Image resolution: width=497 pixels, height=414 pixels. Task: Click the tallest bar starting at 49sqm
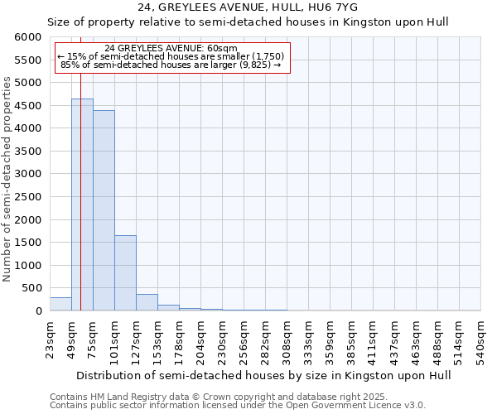(x=82, y=205)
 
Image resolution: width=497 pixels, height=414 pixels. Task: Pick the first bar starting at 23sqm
(x=60, y=304)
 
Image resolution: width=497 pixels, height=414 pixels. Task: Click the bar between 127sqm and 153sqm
(x=147, y=302)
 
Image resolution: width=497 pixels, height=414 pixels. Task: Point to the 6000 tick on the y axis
(x=27, y=37)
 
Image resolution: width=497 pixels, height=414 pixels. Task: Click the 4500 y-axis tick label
(x=27, y=106)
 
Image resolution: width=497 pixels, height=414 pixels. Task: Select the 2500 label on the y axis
(x=27, y=197)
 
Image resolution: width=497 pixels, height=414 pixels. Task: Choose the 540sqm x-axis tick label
(x=480, y=337)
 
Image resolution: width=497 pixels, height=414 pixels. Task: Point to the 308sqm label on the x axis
(x=287, y=337)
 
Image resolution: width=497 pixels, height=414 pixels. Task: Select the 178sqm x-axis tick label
(x=179, y=337)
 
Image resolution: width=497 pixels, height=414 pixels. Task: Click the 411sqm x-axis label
(x=373, y=337)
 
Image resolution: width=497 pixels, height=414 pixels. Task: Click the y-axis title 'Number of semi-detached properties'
(x=7, y=179)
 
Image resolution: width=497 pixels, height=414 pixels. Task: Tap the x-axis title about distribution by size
(x=250, y=375)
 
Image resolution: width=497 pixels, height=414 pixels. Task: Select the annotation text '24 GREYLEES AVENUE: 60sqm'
(x=171, y=48)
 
